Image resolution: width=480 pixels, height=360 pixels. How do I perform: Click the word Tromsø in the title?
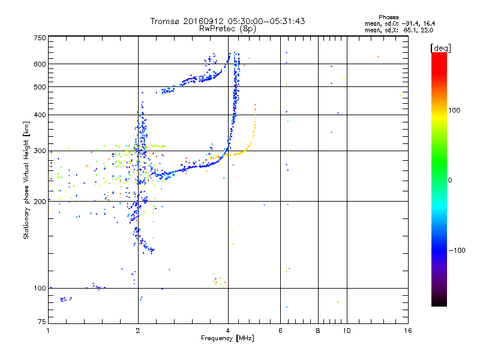click(x=164, y=21)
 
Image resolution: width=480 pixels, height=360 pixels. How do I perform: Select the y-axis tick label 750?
click(x=40, y=37)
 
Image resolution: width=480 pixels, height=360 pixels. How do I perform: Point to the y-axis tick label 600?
click(x=40, y=64)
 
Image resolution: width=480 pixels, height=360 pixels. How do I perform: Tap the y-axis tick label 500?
click(x=40, y=87)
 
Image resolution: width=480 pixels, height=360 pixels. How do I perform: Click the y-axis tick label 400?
click(x=40, y=115)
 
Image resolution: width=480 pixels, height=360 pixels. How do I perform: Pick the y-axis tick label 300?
click(x=40, y=151)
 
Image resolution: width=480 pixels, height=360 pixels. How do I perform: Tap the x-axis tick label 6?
click(x=280, y=331)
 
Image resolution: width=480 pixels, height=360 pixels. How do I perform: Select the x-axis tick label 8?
click(x=318, y=331)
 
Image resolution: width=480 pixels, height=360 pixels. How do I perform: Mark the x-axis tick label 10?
click(x=347, y=331)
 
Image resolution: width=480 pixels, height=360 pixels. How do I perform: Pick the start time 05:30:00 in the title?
click(x=225, y=21)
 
